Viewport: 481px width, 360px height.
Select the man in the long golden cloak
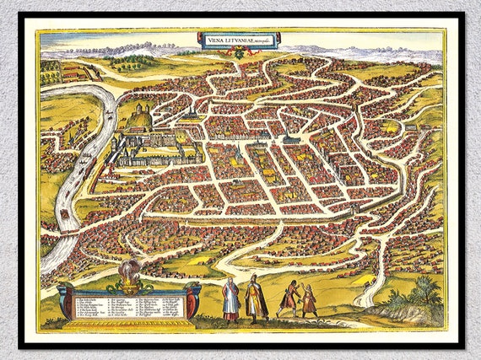tap(256, 300)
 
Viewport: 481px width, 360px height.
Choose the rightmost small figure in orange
tap(309, 301)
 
